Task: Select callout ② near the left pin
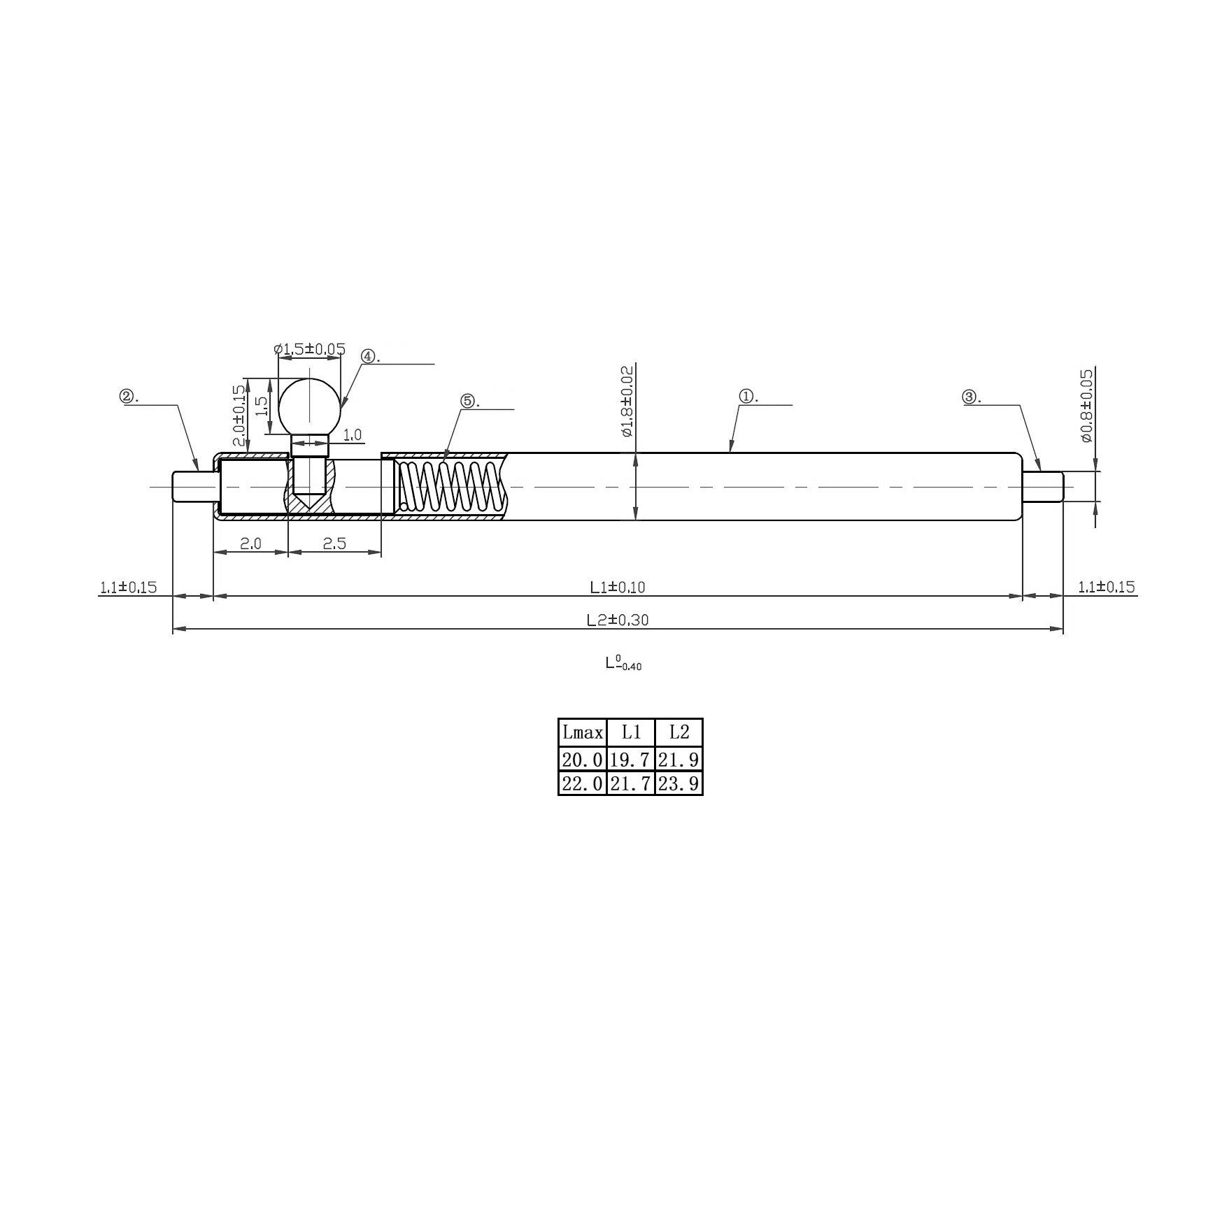[x=128, y=397]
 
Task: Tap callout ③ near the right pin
[x=969, y=397]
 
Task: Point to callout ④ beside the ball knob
[x=369, y=356]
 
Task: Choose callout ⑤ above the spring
[x=467, y=401]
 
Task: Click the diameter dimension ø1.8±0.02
[x=627, y=401]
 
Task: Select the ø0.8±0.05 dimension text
[x=1086, y=405]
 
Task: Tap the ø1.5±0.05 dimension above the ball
[x=309, y=348]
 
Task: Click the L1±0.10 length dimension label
[x=617, y=588]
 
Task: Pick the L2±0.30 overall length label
[x=617, y=620]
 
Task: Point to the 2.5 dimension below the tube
[x=334, y=543]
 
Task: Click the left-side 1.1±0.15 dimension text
[x=128, y=588]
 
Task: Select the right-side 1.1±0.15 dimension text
[x=1106, y=588]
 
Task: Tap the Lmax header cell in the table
[x=582, y=732]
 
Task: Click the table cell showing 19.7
[x=630, y=760]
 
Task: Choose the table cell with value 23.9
[x=678, y=783]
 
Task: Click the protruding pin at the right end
[x=1043, y=486]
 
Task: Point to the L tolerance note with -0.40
[x=623, y=663]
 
